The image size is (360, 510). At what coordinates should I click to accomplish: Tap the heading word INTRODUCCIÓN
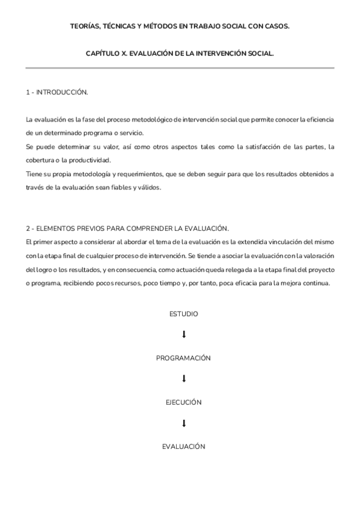pos(62,93)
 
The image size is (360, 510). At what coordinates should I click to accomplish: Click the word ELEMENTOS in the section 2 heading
pos(58,228)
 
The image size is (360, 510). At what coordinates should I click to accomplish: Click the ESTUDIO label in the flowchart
pos(183,314)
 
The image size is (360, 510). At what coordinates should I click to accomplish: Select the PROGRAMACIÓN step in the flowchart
pos(183,358)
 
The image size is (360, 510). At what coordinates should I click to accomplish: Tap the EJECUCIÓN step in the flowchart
pos(183,402)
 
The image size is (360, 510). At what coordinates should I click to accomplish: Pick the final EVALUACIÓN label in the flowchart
pos(183,447)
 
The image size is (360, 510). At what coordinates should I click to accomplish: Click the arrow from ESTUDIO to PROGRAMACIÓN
pos(183,334)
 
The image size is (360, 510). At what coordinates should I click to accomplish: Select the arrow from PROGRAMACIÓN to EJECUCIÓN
pos(183,379)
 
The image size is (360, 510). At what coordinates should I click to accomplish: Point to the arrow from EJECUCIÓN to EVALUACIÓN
pos(183,423)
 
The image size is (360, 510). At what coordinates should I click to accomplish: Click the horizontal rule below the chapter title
pos(180,68)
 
